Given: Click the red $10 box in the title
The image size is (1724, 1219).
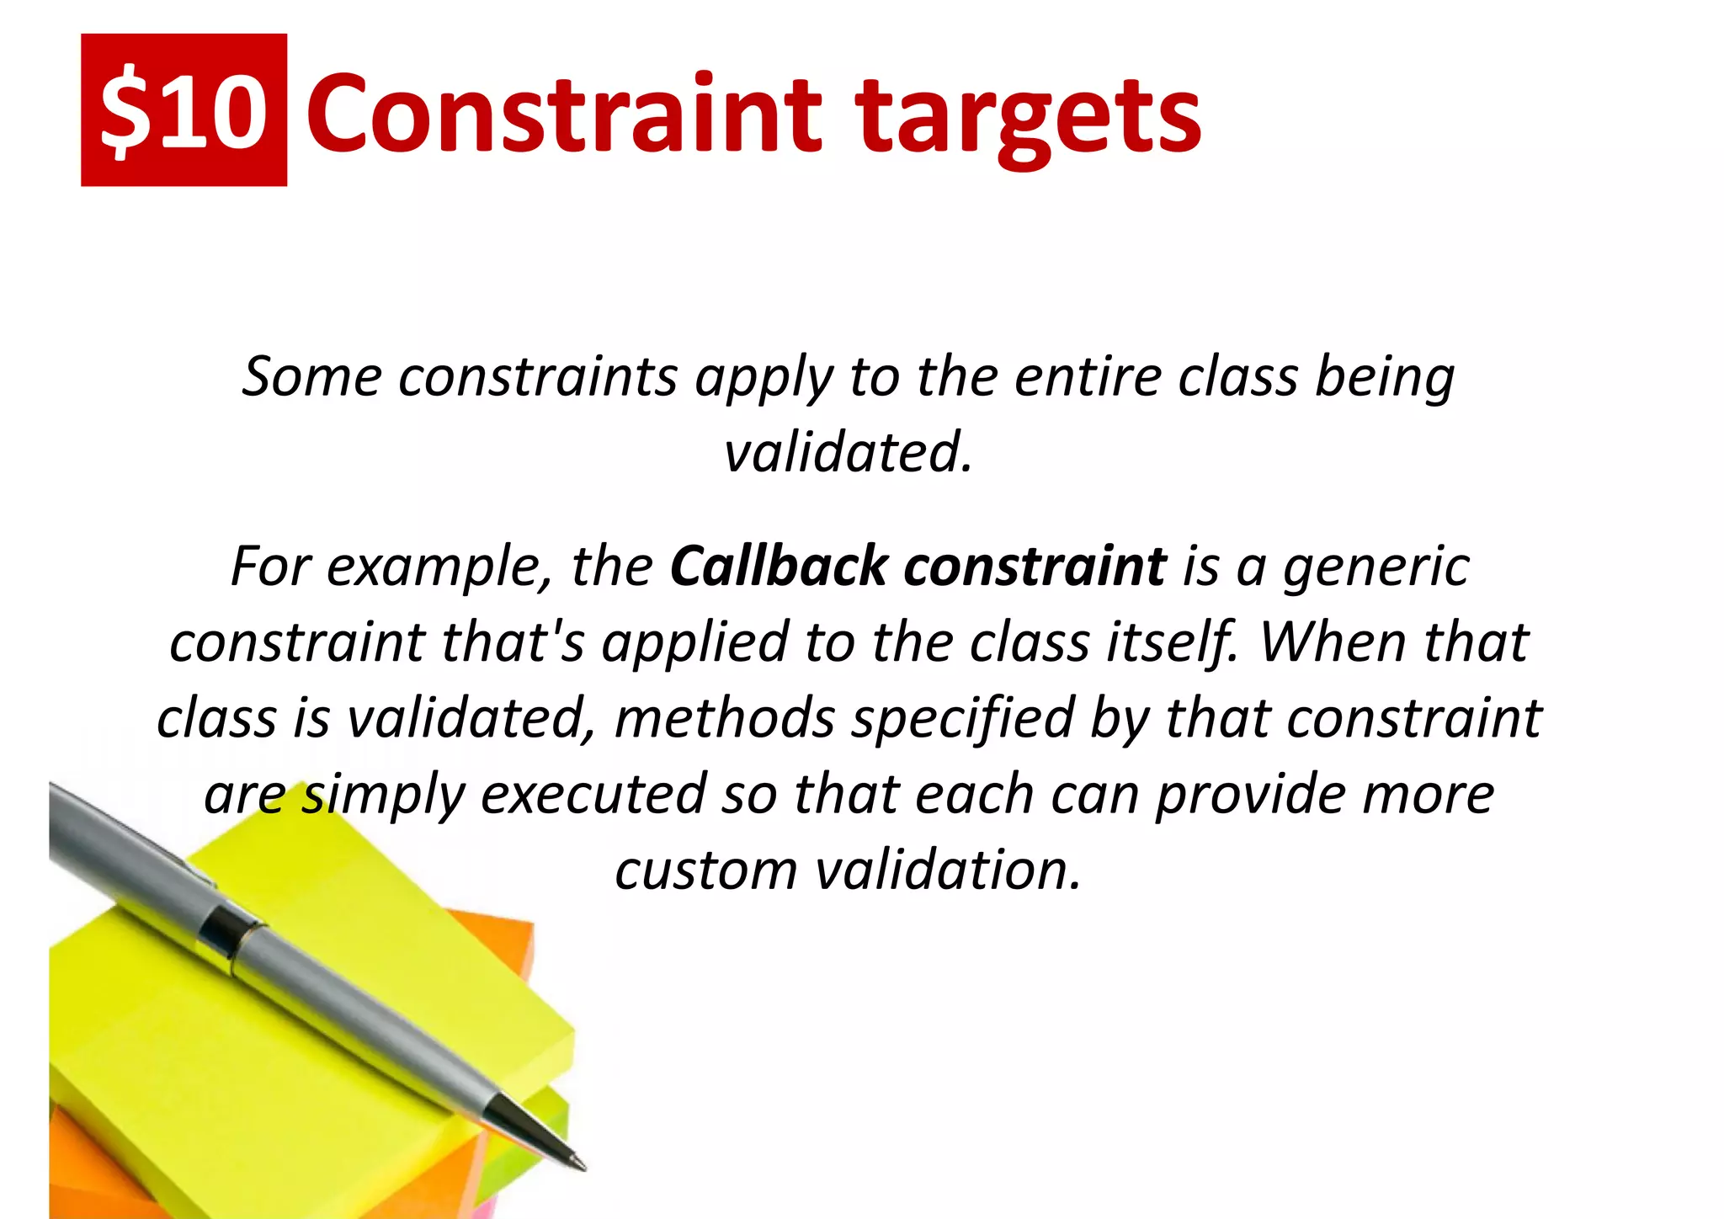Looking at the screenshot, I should [x=184, y=110].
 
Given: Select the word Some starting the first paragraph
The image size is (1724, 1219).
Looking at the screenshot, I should [x=311, y=376].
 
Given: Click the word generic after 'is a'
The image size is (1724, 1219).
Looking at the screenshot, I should [x=1375, y=566].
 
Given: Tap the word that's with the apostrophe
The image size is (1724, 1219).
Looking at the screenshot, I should [x=512, y=642].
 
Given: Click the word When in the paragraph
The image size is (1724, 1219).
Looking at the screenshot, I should [x=1331, y=642].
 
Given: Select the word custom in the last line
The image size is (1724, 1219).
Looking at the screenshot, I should [x=705, y=870].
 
